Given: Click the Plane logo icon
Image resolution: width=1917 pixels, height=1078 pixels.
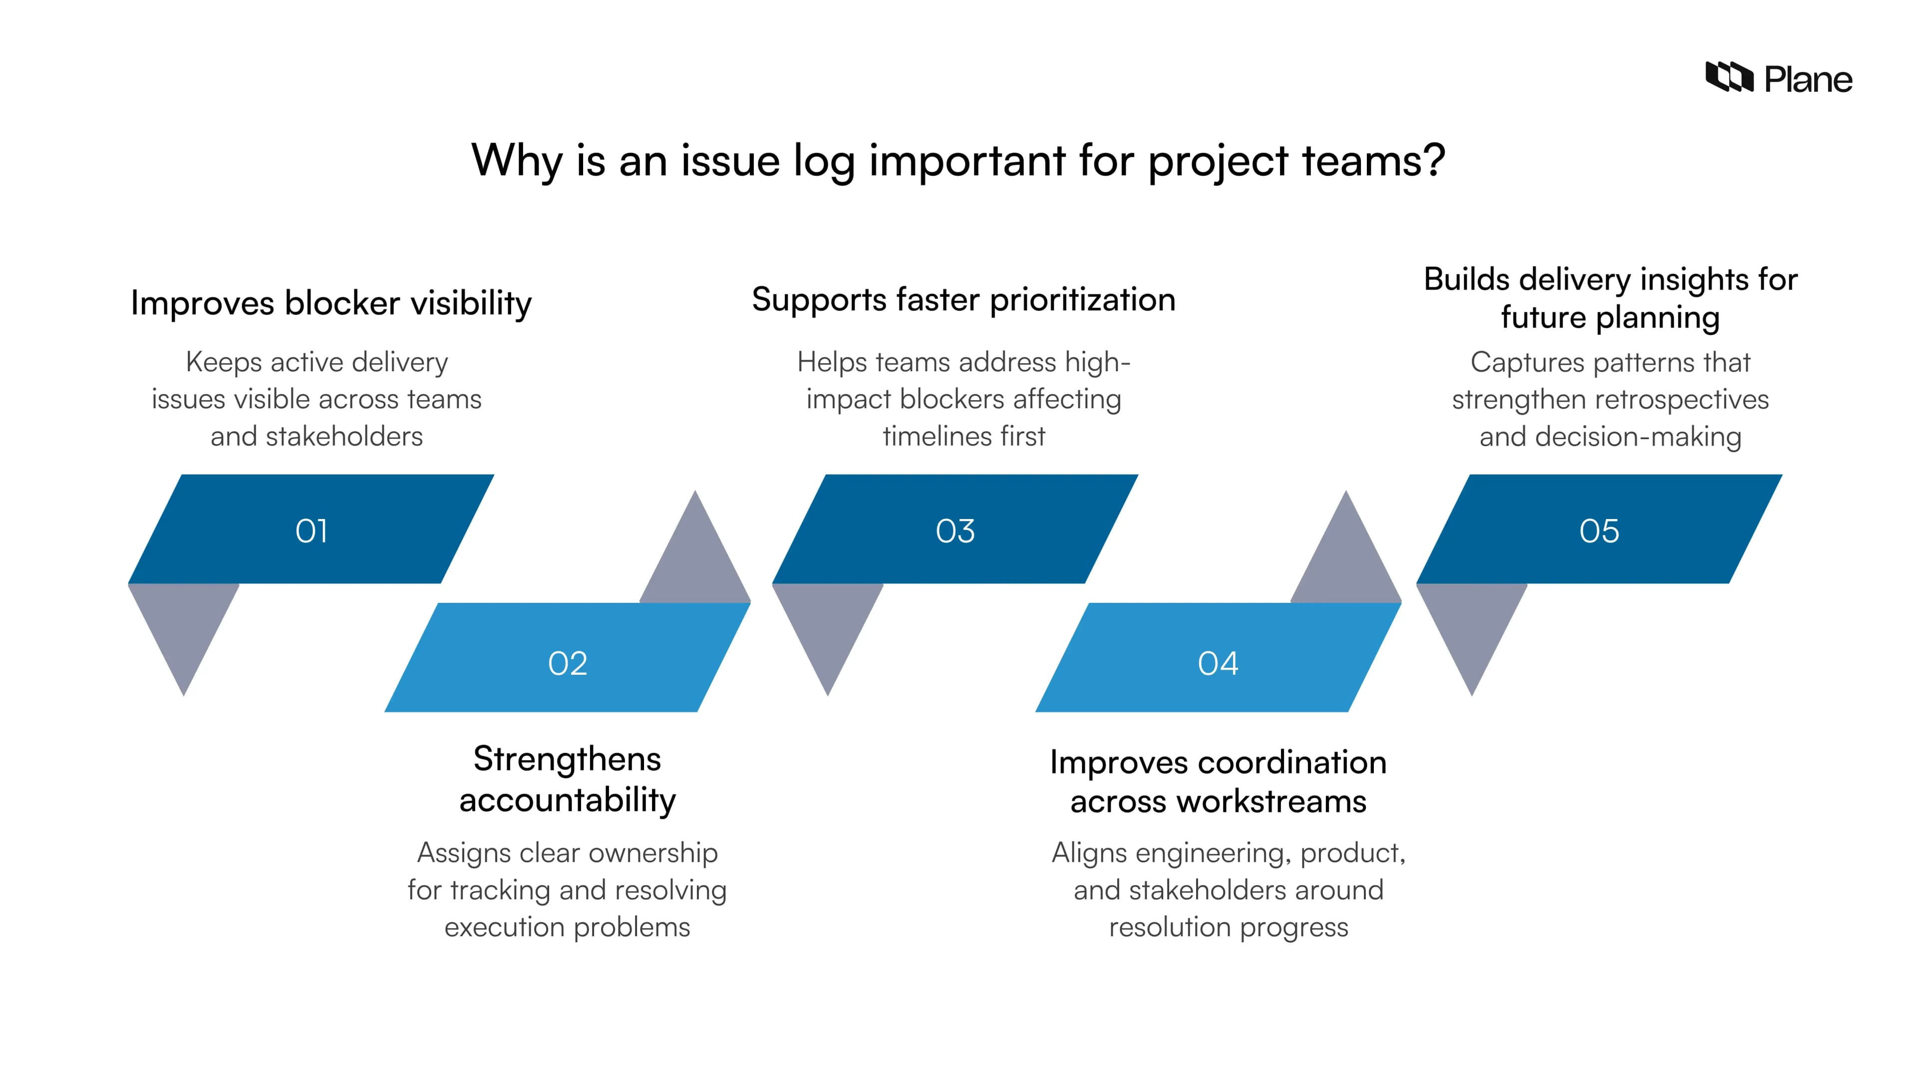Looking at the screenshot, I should click(x=1729, y=77).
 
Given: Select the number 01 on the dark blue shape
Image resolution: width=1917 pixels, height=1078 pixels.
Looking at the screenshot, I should click(x=311, y=531).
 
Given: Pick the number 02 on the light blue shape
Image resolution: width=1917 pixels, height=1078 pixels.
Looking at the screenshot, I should click(x=567, y=663).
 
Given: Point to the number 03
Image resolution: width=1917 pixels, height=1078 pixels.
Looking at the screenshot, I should click(x=955, y=531).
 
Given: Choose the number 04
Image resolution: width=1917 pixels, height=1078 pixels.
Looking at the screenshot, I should click(x=1218, y=663).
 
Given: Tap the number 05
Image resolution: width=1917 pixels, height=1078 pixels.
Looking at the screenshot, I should click(x=1598, y=531).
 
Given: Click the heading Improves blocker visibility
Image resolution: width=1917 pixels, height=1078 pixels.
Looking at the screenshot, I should click(x=331, y=303).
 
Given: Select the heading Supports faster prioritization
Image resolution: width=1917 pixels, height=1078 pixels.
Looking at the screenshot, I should click(x=963, y=299).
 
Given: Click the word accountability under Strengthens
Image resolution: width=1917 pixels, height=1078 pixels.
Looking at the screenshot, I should click(x=567, y=800).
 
